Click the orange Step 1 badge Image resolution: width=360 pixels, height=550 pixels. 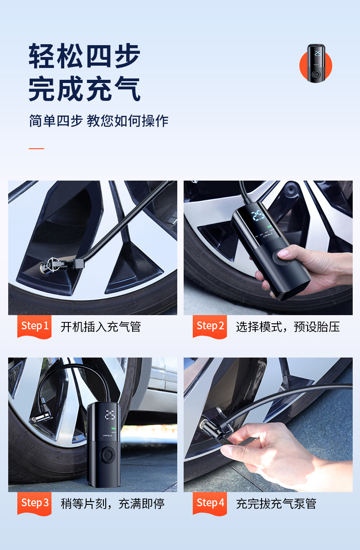(x=35, y=326)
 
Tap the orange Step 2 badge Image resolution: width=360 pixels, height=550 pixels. (x=210, y=326)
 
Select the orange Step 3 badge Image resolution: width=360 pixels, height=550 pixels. (x=35, y=503)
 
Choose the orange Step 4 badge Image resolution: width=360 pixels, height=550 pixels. (x=210, y=503)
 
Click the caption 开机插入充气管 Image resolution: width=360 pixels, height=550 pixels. (x=101, y=327)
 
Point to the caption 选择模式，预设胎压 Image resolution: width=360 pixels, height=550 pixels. (x=288, y=327)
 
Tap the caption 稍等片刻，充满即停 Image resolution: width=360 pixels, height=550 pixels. (x=113, y=504)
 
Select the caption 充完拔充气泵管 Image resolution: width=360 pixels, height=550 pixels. (x=276, y=504)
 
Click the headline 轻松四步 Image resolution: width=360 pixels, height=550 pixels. (x=85, y=56)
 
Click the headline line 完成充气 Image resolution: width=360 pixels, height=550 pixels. (x=85, y=89)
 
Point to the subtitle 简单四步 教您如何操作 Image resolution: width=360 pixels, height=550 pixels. (x=99, y=121)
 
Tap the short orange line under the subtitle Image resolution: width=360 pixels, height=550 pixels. (x=36, y=149)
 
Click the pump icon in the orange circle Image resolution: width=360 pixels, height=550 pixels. (x=315, y=64)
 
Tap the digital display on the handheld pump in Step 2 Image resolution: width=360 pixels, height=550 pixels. (x=258, y=216)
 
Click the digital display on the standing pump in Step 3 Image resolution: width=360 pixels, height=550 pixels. (x=110, y=415)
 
